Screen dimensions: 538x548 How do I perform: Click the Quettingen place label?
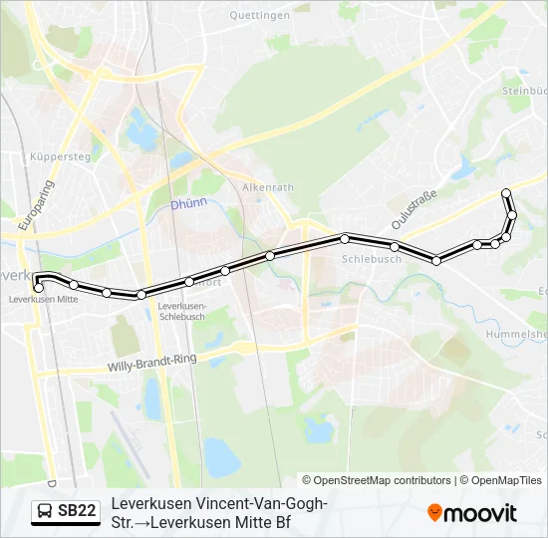coord(259,16)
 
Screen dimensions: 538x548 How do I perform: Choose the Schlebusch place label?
coord(371,259)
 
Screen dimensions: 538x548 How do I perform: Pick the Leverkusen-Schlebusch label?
coord(182,311)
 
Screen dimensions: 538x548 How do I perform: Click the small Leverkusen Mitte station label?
coord(42,299)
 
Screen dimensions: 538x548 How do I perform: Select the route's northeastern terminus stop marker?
coord(506,192)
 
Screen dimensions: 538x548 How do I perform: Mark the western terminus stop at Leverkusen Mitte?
coord(38,288)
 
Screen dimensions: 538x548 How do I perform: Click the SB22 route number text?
coord(77,511)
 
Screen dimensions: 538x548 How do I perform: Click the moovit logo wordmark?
coord(480,513)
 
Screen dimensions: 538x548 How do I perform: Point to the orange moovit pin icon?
coord(434,512)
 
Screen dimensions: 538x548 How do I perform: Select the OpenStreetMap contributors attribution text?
coord(383,480)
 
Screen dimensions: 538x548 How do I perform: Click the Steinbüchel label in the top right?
coord(524,91)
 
